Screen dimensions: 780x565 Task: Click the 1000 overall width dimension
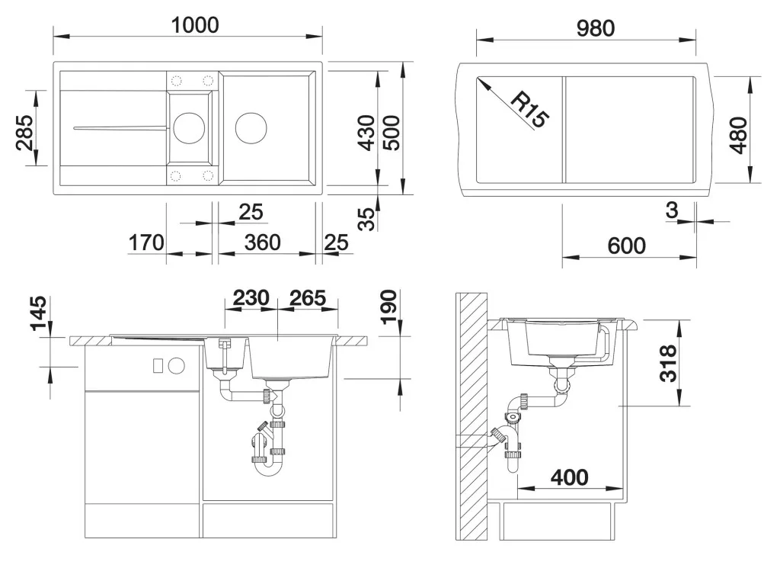(x=195, y=25)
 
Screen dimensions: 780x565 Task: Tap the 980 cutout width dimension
(x=596, y=28)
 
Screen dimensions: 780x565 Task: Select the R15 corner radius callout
(x=530, y=109)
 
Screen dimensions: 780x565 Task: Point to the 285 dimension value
(x=24, y=133)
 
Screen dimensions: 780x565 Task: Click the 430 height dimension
(x=366, y=133)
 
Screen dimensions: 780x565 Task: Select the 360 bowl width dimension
(x=262, y=242)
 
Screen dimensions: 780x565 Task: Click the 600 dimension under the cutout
(x=627, y=246)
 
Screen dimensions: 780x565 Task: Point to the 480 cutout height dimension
(x=739, y=135)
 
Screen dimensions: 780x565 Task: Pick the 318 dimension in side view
(x=667, y=364)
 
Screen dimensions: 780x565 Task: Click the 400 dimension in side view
(x=569, y=477)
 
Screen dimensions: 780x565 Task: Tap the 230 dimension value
(x=251, y=297)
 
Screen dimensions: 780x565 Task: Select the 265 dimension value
(x=308, y=297)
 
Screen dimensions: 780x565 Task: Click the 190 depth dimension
(x=389, y=307)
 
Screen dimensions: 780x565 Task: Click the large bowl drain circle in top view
(x=251, y=128)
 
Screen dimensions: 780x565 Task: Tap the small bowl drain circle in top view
(x=189, y=128)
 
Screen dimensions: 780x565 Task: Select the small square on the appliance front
(x=158, y=366)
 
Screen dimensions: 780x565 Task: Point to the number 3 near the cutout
(x=672, y=210)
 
